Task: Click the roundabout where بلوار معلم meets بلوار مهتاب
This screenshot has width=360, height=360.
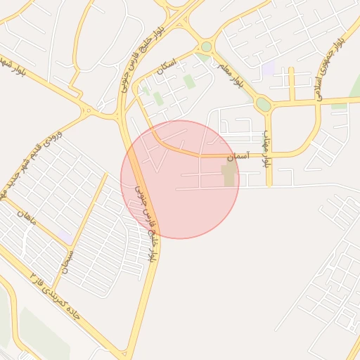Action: tap(263, 105)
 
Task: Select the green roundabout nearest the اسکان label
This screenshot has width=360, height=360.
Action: tap(206, 47)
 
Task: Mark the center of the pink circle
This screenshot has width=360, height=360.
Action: tap(180, 179)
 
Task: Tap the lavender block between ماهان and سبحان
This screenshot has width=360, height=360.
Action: tap(65, 235)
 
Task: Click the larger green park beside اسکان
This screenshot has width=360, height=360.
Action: tap(189, 82)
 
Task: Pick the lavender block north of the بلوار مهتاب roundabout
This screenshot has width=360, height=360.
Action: tap(268, 69)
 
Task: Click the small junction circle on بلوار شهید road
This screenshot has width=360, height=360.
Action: tap(88, 110)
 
